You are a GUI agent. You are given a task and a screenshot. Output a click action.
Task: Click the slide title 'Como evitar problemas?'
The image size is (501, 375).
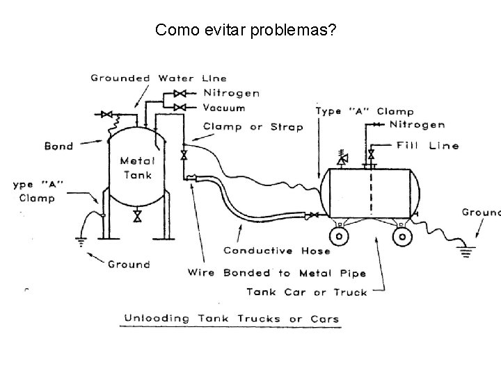[245, 30]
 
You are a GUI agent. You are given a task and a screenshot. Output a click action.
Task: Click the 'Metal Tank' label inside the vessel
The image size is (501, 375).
[137, 168]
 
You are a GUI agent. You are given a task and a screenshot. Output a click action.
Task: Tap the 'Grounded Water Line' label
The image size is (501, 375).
[159, 78]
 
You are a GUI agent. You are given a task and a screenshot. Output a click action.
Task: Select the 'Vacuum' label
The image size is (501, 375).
[224, 108]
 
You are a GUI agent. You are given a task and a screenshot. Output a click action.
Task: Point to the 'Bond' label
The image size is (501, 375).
[58, 147]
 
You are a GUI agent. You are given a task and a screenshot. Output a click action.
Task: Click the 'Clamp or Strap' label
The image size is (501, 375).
[253, 126]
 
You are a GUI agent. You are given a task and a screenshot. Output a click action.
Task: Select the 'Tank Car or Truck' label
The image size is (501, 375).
[307, 292]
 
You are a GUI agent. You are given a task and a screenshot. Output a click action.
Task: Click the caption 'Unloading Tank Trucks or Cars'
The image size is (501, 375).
[232, 319]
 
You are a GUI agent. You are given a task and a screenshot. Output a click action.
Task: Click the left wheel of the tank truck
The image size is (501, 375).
[339, 237]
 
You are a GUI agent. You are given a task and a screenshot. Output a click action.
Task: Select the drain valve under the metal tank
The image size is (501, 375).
[137, 217]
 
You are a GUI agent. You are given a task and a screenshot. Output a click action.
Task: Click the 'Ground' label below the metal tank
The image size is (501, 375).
[128, 264]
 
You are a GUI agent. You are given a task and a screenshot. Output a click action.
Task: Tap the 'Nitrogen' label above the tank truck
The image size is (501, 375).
[417, 125]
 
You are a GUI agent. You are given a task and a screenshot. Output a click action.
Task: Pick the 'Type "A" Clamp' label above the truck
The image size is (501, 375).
[365, 111]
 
